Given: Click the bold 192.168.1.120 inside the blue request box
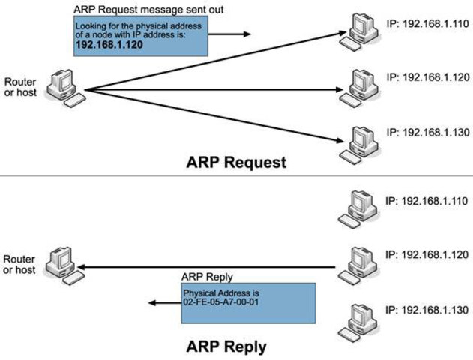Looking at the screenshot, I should (x=109, y=44).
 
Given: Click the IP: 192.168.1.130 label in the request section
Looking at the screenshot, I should (x=427, y=132).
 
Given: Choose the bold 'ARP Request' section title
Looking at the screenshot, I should (x=237, y=162).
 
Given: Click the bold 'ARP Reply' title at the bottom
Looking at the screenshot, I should (x=226, y=347).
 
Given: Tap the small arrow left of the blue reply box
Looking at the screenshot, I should (x=160, y=302).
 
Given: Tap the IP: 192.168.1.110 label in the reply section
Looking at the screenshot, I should (x=427, y=201).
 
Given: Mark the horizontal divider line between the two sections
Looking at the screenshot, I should (x=236, y=177).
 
